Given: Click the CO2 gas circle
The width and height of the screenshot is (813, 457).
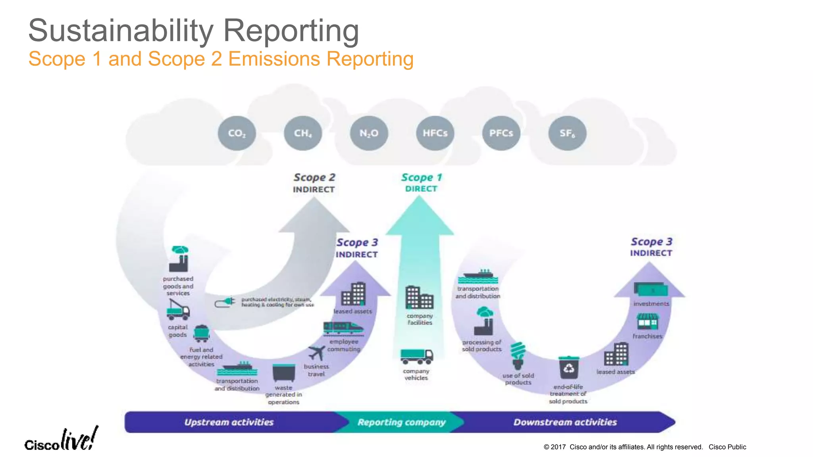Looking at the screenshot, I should [237, 133].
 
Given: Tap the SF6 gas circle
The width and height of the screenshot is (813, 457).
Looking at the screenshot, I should [567, 133].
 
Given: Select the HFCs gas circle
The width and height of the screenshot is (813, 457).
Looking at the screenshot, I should [435, 133].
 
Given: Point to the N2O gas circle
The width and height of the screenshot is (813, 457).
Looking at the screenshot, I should [369, 133].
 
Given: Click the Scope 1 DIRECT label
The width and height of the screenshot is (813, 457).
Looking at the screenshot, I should [421, 182].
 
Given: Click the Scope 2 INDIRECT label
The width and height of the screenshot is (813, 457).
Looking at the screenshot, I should [314, 183].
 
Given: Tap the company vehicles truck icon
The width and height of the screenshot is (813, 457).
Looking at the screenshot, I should [416, 356].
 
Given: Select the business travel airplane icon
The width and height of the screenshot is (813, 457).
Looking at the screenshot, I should [316, 352].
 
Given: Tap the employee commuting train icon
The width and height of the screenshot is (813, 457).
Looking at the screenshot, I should [343, 328].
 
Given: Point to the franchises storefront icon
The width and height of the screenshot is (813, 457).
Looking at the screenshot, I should [647, 321].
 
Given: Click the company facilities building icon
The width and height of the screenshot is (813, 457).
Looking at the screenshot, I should [419, 298].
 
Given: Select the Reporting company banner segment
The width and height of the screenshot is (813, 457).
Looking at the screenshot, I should [401, 422].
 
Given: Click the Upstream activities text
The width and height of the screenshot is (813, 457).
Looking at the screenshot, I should [229, 422].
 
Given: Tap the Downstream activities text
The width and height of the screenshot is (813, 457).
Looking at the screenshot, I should [565, 422].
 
